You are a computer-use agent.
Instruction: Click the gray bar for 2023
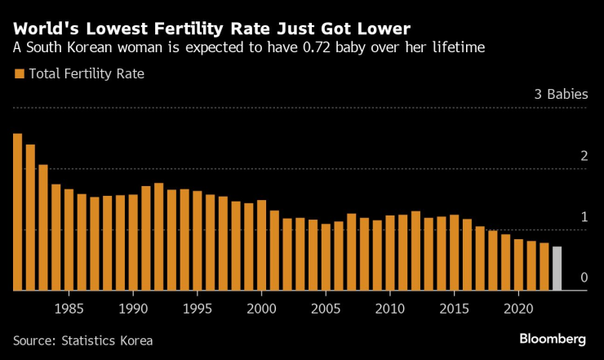click(x=557, y=269)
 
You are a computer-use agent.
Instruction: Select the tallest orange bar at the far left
click(x=18, y=212)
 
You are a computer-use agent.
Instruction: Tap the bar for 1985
click(x=69, y=240)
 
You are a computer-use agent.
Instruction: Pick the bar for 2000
click(x=262, y=245)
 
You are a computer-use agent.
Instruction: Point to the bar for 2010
click(x=390, y=253)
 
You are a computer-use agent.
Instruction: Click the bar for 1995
click(x=198, y=241)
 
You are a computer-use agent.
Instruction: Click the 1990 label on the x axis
click(x=133, y=309)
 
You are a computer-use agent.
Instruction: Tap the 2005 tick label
click(x=326, y=309)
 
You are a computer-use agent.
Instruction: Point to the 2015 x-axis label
click(x=454, y=309)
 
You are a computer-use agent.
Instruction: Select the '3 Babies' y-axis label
click(x=561, y=94)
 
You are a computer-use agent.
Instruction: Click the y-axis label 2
click(x=584, y=155)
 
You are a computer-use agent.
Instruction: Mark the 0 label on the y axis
click(x=584, y=278)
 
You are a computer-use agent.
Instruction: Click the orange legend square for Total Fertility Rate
click(x=18, y=74)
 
